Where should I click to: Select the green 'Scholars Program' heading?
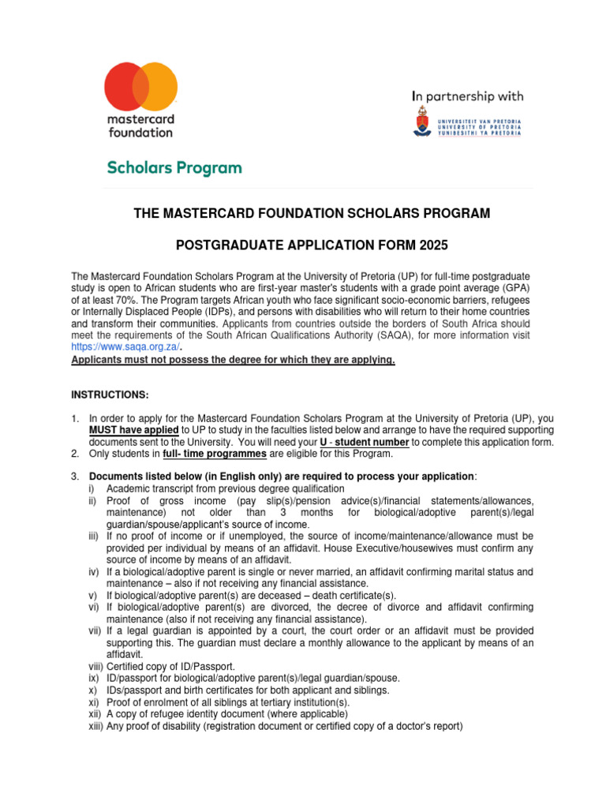174,168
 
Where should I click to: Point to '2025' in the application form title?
433,247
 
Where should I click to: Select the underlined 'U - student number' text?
361,442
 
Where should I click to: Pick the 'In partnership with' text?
468,96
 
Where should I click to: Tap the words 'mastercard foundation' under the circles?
140,125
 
